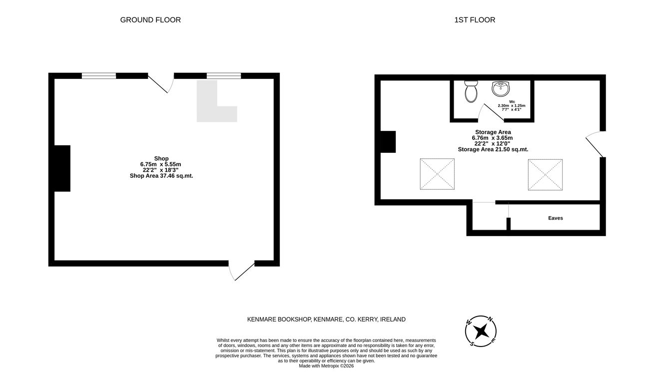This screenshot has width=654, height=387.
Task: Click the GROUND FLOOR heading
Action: [x=150, y=20]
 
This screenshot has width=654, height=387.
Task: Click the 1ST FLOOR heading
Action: [x=475, y=20]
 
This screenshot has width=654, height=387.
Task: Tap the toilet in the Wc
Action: [x=471, y=91]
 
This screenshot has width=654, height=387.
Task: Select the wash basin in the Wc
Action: [x=501, y=88]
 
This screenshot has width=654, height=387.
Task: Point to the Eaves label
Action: [x=555, y=218]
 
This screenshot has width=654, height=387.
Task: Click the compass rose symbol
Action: [x=481, y=331]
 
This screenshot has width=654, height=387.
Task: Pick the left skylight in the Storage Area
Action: [x=437, y=174]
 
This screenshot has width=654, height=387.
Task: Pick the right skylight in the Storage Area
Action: [x=545, y=175]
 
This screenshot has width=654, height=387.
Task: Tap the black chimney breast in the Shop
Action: [x=62, y=168]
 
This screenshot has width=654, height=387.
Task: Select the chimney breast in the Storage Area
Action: [x=388, y=142]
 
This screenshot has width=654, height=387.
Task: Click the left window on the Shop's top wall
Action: [x=99, y=76]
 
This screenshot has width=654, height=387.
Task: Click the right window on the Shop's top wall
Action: [x=224, y=76]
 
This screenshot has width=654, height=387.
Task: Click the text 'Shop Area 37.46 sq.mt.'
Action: [x=161, y=176]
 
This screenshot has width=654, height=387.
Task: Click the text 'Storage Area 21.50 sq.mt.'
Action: [x=493, y=149]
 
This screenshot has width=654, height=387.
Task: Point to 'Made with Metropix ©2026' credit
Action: [x=326, y=366]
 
